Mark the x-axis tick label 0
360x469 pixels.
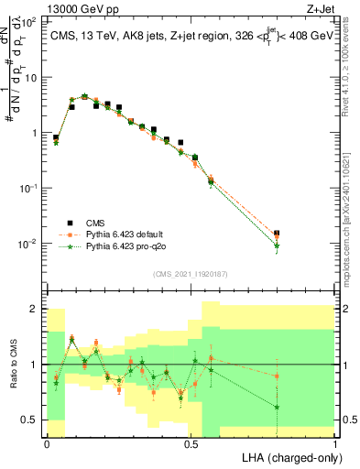point(48,443)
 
